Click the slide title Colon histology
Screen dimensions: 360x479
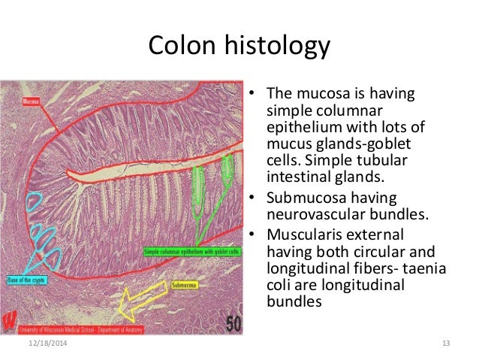239,46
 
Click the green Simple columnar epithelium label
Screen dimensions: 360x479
191,251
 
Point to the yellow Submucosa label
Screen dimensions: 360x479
184,286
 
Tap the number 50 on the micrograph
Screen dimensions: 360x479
234,325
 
